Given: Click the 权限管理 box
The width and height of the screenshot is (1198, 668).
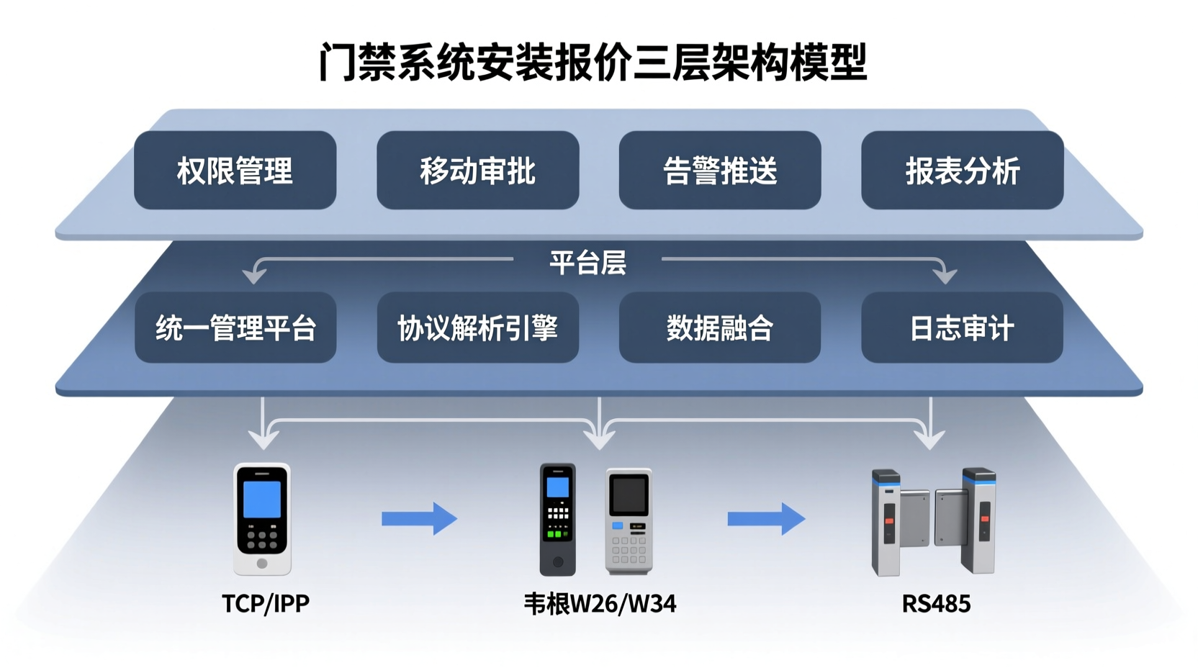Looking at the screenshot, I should click(235, 171).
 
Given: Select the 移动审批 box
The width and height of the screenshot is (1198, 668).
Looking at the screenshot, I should click(477, 171).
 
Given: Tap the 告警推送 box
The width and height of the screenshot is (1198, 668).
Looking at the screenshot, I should click(719, 171).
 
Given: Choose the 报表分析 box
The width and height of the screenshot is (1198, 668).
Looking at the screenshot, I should click(962, 171).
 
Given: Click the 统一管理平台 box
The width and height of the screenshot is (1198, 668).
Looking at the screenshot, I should click(235, 328).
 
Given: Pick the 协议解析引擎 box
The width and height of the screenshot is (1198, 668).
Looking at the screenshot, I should click(477, 328).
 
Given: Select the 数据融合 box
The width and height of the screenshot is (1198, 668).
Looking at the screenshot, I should click(719, 328).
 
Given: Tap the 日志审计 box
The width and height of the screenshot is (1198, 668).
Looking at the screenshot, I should click(962, 328).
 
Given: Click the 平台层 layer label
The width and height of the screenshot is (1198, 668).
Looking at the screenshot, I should click(587, 263).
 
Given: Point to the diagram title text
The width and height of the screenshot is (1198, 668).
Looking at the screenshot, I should click(593, 63).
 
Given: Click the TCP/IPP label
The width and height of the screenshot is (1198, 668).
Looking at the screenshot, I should click(266, 603).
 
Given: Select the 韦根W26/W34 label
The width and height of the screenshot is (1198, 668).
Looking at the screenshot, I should click(600, 603).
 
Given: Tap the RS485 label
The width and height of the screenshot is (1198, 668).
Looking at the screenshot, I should click(936, 603).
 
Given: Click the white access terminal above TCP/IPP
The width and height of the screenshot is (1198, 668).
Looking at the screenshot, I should click(262, 519).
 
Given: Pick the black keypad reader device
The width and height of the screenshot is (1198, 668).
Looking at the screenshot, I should click(558, 519).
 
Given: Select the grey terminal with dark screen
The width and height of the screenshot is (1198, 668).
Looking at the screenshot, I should click(629, 520).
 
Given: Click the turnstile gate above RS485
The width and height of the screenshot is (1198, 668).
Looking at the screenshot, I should click(933, 521).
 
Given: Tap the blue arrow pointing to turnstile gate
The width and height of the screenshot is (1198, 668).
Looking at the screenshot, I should click(765, 519).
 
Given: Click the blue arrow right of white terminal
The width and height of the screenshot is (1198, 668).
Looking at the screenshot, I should click(419, 519).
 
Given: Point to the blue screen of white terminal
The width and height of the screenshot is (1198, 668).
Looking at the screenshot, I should click(262, 500).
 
